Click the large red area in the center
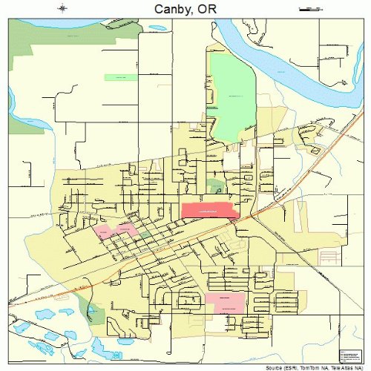pos(209,211)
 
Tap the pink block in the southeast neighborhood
pos(225,301)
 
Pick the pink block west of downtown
pos(115,230)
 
